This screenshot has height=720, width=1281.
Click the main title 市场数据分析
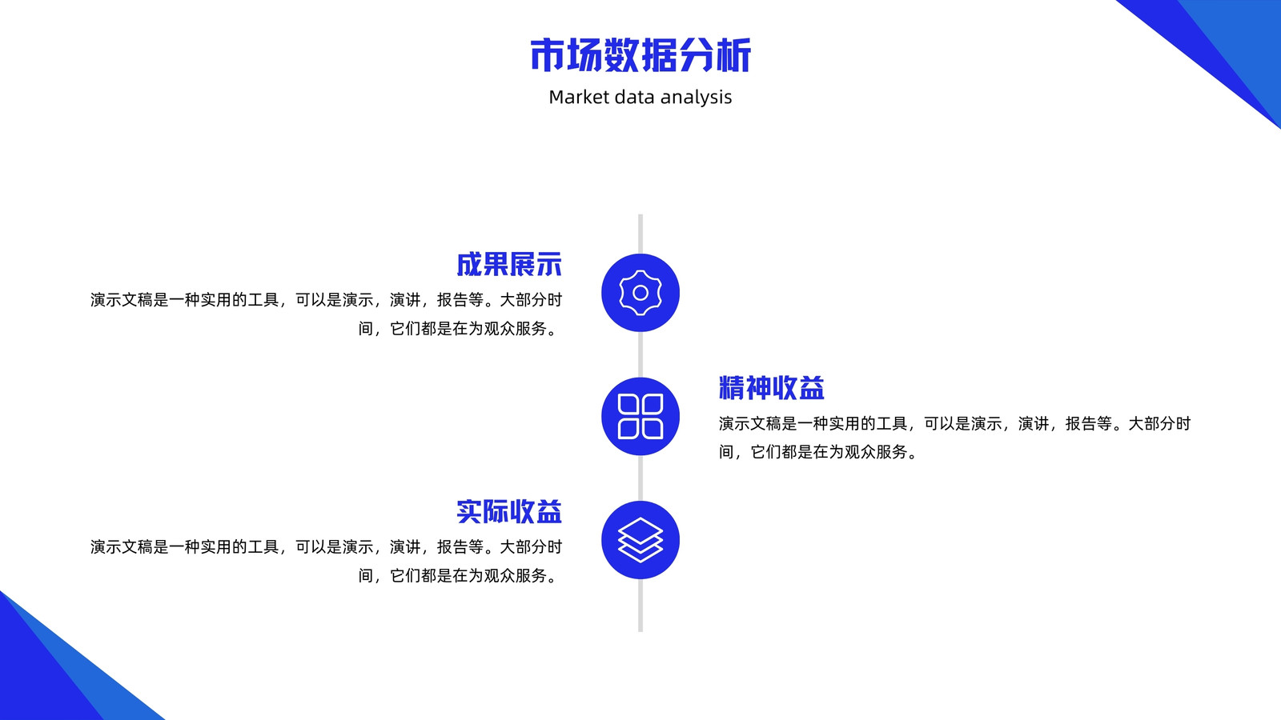pos(640,55)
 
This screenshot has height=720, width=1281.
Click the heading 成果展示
pos(509,265)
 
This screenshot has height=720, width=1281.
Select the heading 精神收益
pos(772,388)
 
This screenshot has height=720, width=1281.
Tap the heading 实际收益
pos(509,511)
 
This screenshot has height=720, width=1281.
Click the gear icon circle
pos(640,293)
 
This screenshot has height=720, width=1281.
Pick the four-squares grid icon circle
pos(640,416)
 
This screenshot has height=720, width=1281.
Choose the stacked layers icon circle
pos(640,540)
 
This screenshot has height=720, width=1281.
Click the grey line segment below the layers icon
pos(640,605)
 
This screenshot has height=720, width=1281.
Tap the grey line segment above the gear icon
pos(640,234)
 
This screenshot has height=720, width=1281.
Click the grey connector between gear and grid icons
pos(640,354)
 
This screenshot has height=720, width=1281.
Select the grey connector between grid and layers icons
pos(640,478)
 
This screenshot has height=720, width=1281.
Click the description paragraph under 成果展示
pos(326,314)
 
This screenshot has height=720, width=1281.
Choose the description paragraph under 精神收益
pos(954,438)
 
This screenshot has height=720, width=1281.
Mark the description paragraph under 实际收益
pos(326,561)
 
